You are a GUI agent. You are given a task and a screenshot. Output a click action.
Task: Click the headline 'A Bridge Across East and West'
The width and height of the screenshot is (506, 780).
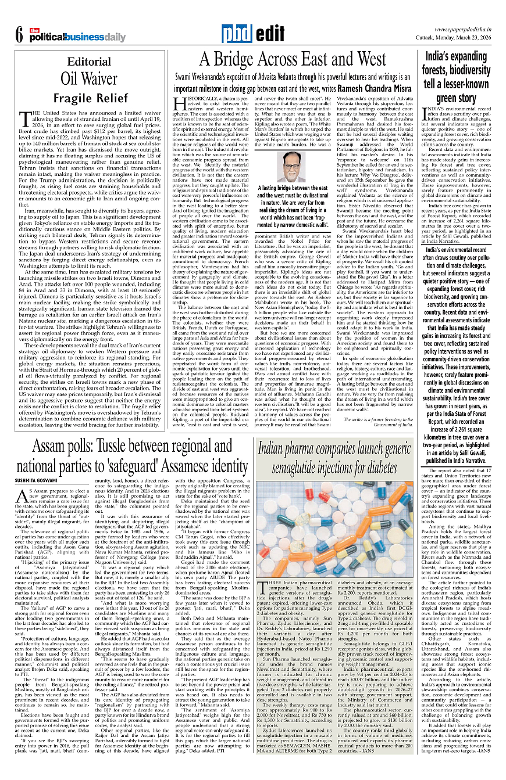coord(293,59)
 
